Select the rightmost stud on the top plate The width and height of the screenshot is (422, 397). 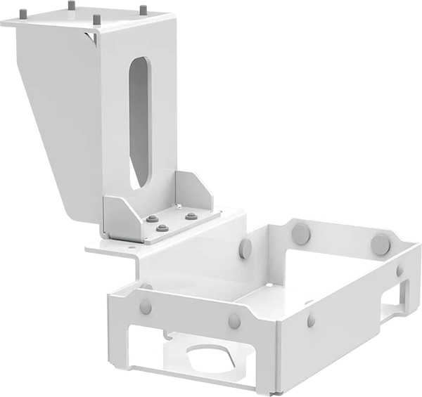(x=143, y=11)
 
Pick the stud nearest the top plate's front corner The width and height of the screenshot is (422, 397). (x=96, y=19)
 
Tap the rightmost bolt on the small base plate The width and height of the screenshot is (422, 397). (x=191, y=216)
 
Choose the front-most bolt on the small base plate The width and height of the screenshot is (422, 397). (x=162, y=228)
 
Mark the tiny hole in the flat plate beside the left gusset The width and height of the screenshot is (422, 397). (x=132, y=246)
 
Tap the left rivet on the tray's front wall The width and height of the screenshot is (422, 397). (x=146, y=307)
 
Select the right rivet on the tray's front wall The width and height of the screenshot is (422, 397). (x=234, y=321)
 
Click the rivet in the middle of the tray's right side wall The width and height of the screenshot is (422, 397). (x=311, y=320)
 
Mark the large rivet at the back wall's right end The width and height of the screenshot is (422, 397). (x=381, y=245)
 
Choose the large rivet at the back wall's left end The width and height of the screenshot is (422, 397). (x=302, y=234)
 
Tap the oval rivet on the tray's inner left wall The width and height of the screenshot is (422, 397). (x=245, y=247)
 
